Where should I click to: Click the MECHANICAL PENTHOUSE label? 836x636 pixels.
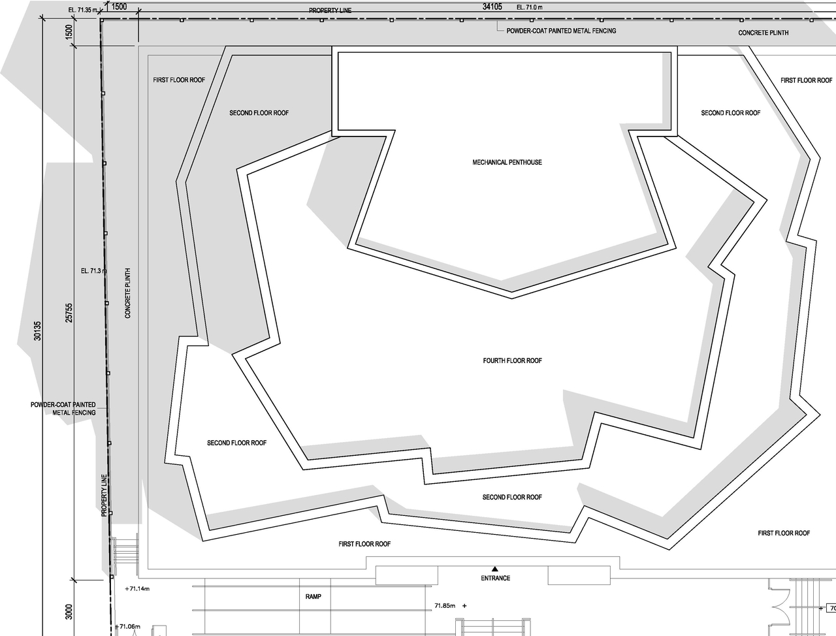(x=507, y=163)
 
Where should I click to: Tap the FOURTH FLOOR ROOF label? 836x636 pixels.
(x=512, y=361)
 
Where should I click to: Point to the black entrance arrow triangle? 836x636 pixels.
(x=494, y=569)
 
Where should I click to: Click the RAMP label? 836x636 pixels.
(x=313, y=597)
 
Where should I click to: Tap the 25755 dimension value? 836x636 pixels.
(x=69, y=313)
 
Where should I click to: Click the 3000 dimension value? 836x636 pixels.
(x=69, y=612)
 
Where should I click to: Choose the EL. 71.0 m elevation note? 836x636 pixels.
(x=530, y=8)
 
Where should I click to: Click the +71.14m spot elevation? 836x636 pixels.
(x=137, y=589)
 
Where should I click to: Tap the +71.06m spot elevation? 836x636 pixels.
(x=128, y=627)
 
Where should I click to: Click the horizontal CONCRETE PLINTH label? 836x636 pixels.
(x=763, y=33)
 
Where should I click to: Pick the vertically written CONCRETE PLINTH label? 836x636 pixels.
(x=128, y=293)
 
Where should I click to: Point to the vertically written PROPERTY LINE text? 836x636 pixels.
(x=104, y=496)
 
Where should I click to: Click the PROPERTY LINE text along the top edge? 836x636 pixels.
(x=330, y=11)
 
